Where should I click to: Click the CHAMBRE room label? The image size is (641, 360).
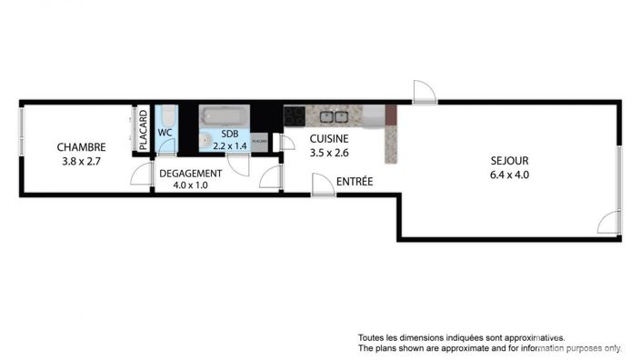[81, 147]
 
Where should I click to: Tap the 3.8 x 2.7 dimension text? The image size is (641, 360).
[81, 162]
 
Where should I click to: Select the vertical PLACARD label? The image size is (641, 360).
[143, 130]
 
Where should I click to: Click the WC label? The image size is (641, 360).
[165, 133]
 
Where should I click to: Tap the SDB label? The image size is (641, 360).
[229, 133]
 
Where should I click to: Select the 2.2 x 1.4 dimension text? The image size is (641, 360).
[229, 145]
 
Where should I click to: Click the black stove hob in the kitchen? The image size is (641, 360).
[294, 116]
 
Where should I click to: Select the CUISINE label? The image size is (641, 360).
[329, 139]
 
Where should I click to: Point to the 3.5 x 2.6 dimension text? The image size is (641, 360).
[329, 154]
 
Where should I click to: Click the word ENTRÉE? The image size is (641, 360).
[355, 182]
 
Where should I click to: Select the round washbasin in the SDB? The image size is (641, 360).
[208, 141]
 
